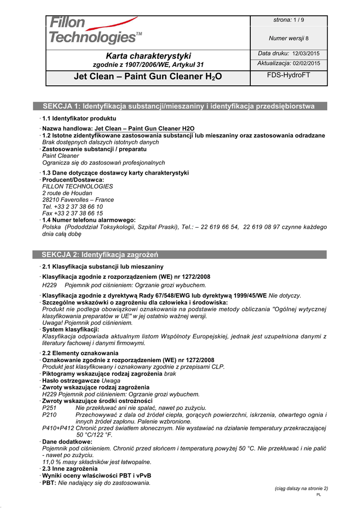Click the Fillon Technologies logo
pyautogui.click(x=94, y=30)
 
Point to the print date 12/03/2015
pyautogui.click(x=306, y=54)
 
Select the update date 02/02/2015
pyautogui.click(x=306, y=63)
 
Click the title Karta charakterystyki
pyautogui.click(x=148, y=56)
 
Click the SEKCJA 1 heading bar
pyautogui.click(x=179, y=106)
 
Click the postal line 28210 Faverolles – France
pyautogui.click(x=78, y=200)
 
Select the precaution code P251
pyautogui.click(x=50, y=408)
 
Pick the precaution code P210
pyautogui.click(x=50, y=415)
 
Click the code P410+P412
pyautogui.click(x=58, y=428)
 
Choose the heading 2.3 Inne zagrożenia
pyautogui.click(x=70, y=469)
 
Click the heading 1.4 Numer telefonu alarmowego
pyautogui.click(x=89, y=220)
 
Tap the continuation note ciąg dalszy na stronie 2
pyautogui.click(x=301, y=489)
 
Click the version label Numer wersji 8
pyautogui.click(x=288, y=38)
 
